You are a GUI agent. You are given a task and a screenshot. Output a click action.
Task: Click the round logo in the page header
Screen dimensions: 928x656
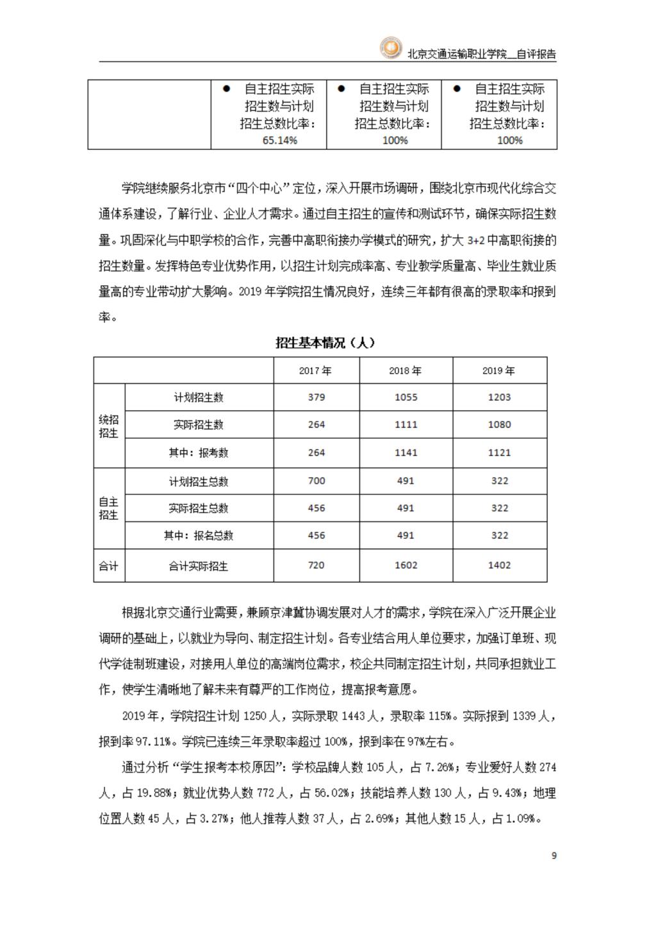coord(390,47)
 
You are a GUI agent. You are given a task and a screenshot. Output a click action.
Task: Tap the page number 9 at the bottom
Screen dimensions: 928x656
coord(554,856)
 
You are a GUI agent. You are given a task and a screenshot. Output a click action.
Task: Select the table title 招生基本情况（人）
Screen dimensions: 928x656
coord(325,343)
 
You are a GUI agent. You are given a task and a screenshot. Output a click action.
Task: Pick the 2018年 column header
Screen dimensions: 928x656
coord(406,371)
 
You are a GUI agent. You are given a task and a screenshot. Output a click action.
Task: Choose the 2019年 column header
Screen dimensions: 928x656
coord(498,371)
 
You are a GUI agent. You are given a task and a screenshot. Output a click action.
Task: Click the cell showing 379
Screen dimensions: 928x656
coord(316,397)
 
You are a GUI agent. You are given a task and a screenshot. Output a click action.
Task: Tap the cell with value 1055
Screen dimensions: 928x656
coord(406,397)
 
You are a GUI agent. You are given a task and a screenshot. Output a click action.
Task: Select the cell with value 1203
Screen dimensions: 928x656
coord(499,397)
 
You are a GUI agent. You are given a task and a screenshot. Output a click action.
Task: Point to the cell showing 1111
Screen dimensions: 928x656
coord(406,424)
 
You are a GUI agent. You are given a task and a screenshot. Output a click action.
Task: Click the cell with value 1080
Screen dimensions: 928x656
coord(499,424)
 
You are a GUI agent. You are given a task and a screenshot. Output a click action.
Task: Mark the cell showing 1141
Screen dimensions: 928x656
coord(406,452)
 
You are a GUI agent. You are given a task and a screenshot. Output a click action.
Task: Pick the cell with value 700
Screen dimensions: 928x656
coord(316,481)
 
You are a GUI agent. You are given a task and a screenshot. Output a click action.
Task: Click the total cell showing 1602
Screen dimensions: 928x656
coord(406,565)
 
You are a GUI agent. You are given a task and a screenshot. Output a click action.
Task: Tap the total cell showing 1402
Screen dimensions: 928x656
coord(499,565)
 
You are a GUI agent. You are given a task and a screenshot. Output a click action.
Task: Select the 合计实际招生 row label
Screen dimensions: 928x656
coord(199,566)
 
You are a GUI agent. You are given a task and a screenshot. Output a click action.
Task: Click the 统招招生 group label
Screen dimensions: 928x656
coord(109,426)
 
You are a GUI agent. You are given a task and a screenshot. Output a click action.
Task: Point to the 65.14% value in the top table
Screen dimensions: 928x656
coord(280,140)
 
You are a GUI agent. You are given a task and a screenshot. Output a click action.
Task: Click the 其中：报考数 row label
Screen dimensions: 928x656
coord(199,453)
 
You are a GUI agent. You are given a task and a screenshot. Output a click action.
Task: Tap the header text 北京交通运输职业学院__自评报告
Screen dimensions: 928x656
coord(482,54)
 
